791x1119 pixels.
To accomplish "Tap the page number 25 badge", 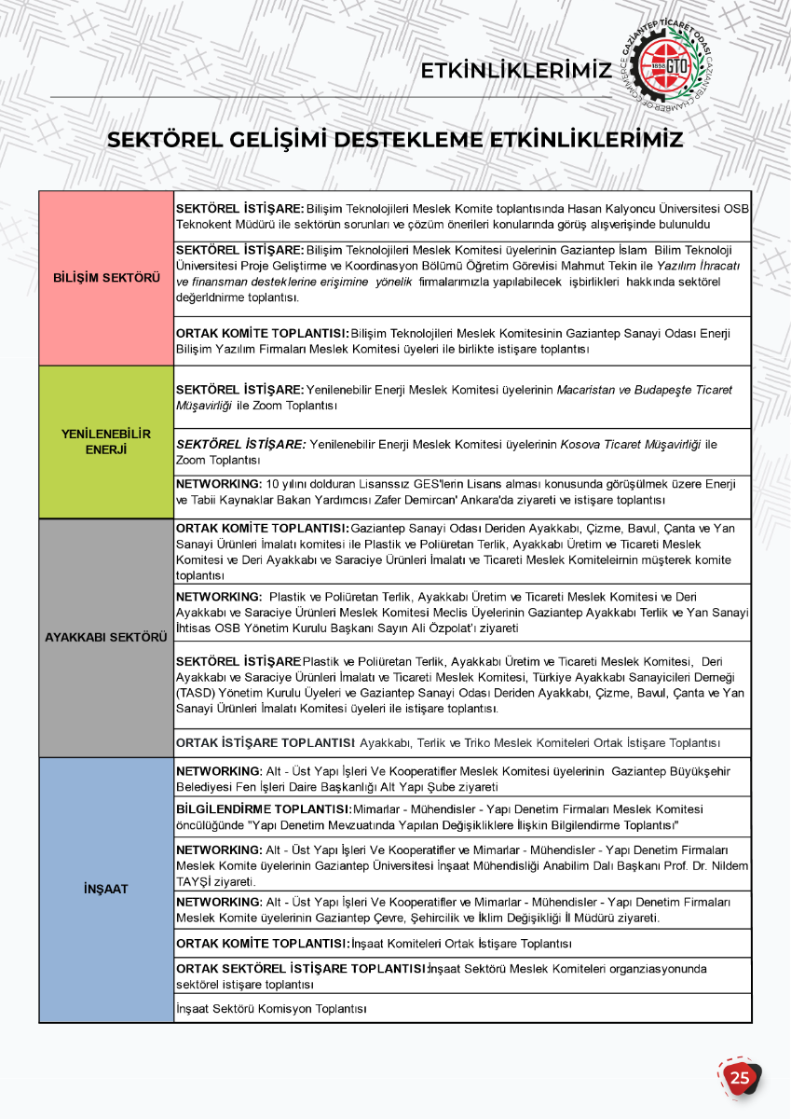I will click(x=740, y=1078).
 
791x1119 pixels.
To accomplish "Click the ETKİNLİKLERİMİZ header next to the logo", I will click(x=515, y=71).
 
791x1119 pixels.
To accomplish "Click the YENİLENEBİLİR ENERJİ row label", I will click(x=106, y=442).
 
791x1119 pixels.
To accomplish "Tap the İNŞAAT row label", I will click(x=106, y=889).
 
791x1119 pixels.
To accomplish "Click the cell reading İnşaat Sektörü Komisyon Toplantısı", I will click(x=271, y=1009).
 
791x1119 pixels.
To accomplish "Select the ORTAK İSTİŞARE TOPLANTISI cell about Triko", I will click(x=447, y=743).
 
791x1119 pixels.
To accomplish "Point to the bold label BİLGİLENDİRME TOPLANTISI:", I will click(x=264, y=809).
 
